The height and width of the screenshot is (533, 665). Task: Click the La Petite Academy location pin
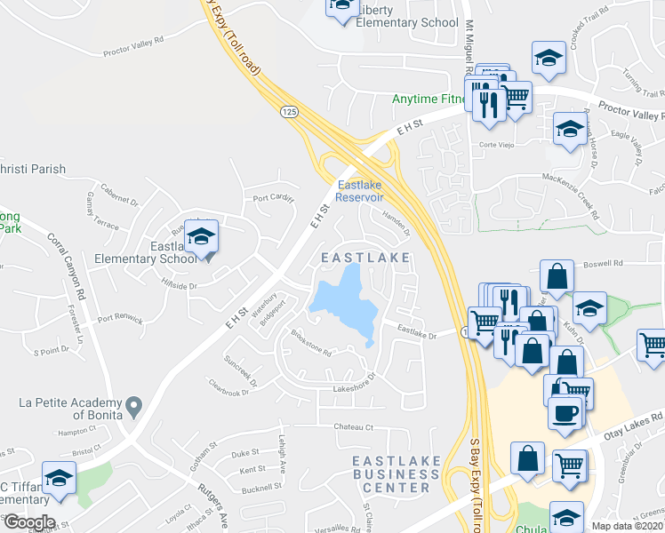133,407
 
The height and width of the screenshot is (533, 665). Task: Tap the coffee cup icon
565,411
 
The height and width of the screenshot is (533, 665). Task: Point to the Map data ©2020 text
627,526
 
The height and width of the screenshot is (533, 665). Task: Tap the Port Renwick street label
120,318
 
